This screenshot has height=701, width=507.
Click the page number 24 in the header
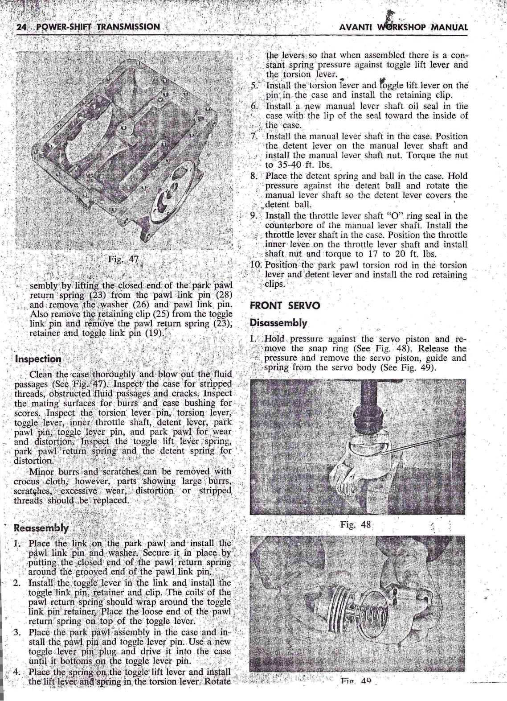20,26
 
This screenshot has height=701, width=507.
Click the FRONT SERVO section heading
285,306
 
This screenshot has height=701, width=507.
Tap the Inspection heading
38,359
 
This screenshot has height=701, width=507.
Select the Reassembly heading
41,528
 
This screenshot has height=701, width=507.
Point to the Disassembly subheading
278,322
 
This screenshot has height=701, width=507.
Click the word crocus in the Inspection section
28,482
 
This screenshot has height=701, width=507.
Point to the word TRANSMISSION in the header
131,26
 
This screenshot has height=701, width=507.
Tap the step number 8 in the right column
254,176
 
